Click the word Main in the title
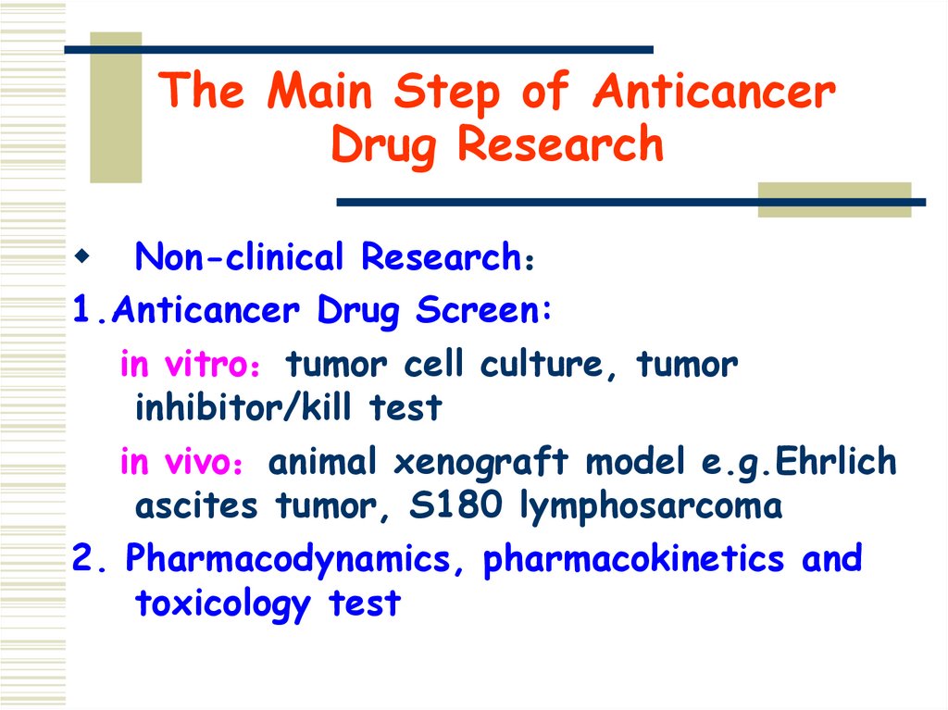tap(320, 93)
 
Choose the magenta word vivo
tap(201, 463)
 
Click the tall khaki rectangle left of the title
tap(116, 107)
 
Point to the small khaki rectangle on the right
tap(833, 200)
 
